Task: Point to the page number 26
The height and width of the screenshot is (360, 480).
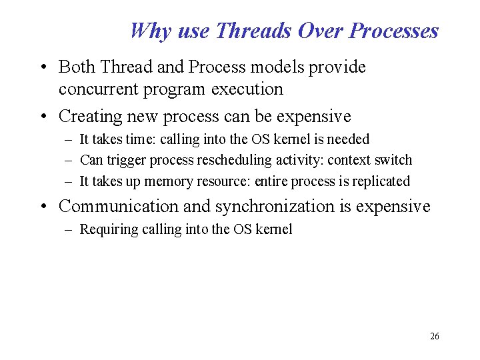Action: coord(435,336)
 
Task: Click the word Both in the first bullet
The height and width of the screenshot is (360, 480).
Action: coord(75,67)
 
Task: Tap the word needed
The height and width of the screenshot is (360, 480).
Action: coord(347,139)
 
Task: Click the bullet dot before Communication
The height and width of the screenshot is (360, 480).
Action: coord(43,207)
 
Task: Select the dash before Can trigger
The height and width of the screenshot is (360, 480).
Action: coord(69,160)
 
